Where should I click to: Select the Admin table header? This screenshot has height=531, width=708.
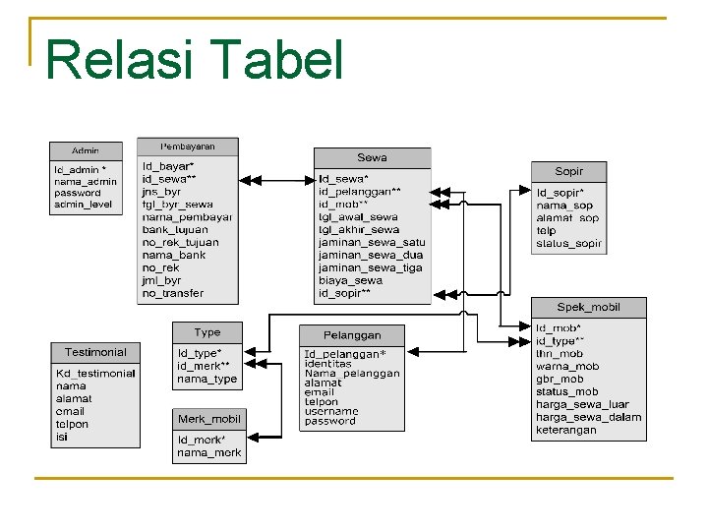pyautogui.click(x=86, y=150)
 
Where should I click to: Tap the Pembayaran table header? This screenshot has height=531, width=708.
pyautogui.click(x=187, y=146)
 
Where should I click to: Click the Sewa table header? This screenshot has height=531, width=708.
pyautogui.click(x=372, y=157)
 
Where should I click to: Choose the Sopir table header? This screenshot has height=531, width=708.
pyautogui.click(x=568, y=171)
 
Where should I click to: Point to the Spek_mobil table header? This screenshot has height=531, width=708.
pyautogui.click(x=588, y=307)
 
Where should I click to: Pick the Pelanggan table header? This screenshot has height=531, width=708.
pyautogui.click(x=352, y=334)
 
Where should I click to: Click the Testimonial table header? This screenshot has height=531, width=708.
pyautogui.click(x=95, y=352)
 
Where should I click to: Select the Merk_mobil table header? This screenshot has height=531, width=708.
pyautogui.click(x=208, y=419)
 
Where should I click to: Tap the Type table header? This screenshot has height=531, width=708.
pyautogui.click(x=207, y=332)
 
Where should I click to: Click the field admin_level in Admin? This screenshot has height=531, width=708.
pyautogui.click(x=84, y=205)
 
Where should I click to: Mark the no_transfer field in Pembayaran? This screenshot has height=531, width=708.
pyautogui.click(x=173, y=293)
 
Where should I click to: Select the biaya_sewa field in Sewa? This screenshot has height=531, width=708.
pyautogui.click(x=350, y=280)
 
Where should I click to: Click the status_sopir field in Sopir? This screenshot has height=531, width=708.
pyautogui.click(x=567, y=243)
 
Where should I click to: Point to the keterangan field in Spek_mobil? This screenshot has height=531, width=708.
pyautogui.click(x=565, y=430)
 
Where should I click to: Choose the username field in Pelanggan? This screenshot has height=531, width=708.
pyautogui.click(x=331, y=410)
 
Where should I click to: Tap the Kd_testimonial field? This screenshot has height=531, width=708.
pyautogui.click(x=95, y=374)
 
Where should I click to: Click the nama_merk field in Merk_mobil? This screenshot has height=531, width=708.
pyautogui.click(x=208, y=452)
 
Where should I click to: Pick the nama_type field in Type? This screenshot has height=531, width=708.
pyautogui.click(x=206, y=379)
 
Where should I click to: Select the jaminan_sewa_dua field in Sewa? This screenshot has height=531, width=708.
pyautogui.click(x=370, y=255)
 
